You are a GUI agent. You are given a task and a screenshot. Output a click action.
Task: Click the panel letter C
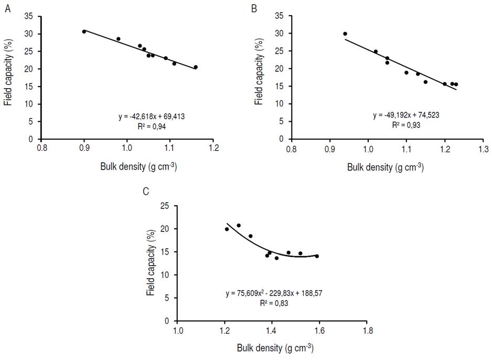tap(146, 190)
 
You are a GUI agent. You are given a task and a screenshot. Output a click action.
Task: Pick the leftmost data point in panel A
tap(84, 31)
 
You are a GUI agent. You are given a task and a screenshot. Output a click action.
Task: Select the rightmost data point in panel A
tap(196, 67)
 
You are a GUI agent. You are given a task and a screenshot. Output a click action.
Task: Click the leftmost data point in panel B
tap(345, 34)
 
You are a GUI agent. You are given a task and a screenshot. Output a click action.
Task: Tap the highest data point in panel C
tap(239, 226)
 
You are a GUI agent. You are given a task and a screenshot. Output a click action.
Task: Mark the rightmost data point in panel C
tap(317, 256)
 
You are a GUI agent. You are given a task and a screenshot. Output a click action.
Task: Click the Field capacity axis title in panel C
tap(152, 263)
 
